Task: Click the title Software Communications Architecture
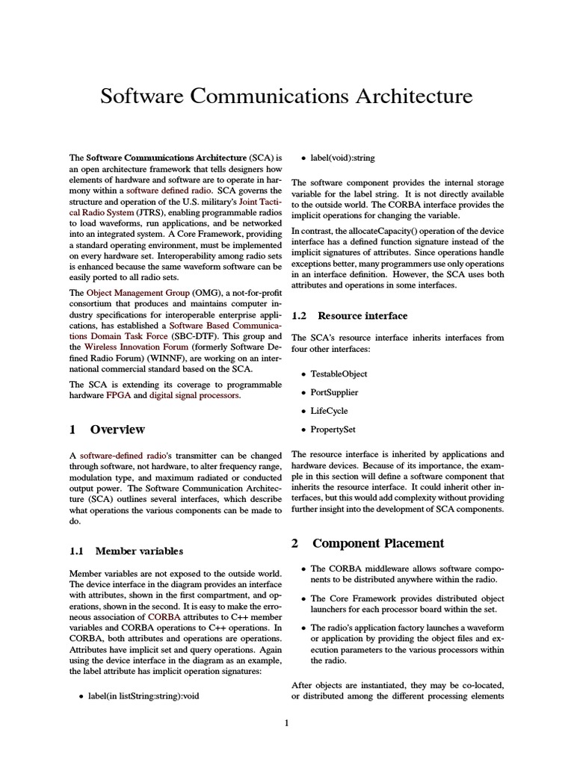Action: coord(286,96)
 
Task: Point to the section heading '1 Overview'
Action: coord(107,430)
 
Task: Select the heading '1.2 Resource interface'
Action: coord(349,316)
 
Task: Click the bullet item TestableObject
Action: coord(339,374)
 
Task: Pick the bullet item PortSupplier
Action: coord(334,392)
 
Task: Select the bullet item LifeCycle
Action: coord(329,411)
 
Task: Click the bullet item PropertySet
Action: coord(333,430)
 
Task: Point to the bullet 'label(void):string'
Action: coord(348,158)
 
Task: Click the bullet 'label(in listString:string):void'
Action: coord(143,696)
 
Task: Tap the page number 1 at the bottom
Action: coord(286,722)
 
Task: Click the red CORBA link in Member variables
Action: coord(164,618)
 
